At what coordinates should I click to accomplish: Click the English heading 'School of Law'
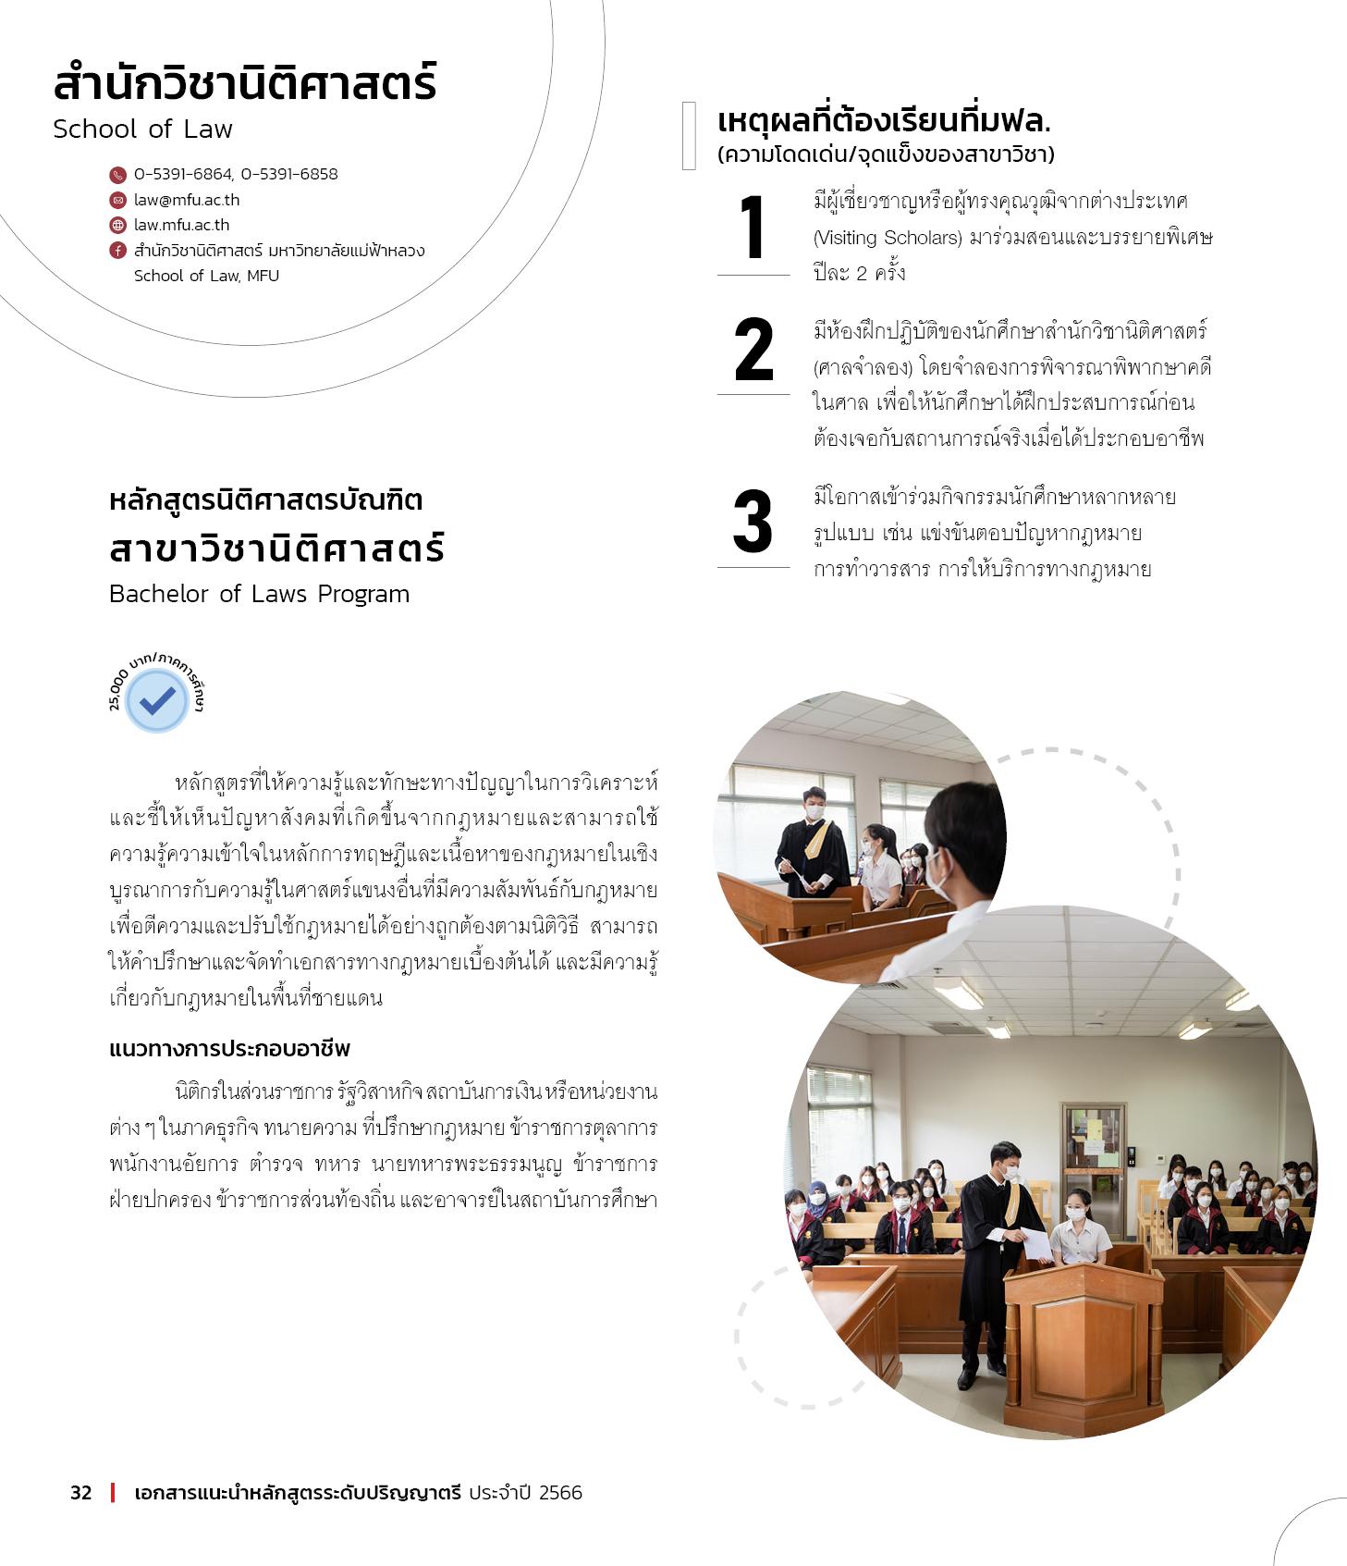click(x=142, y=129)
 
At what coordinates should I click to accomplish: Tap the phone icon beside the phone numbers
click(x=117, y=175)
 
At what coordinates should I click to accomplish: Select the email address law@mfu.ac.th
click(x=187, y=200)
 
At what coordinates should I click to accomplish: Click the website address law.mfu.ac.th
click(x=181, y=225)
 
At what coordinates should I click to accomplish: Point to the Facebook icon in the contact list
click(x=117, y=251)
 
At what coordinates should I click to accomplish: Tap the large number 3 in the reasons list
click(x=753, y=523)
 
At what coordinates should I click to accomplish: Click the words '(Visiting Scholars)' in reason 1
click(x=888, y=238)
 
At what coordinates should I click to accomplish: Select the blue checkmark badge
click(x=157, y=701)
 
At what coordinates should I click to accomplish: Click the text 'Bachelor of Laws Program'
click(x=259, y=594)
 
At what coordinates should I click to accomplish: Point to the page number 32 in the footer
click(x=81, y=1493)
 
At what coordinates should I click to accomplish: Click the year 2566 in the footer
click(x=560, y=1493)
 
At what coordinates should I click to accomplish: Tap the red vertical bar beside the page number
click(x=113, y=1493)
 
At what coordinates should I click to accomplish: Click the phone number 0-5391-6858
click(x=289, y=174)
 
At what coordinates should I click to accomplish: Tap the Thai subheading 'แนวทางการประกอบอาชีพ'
click(x=229, y=1049)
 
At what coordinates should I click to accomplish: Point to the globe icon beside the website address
click(x=117, y=225)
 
